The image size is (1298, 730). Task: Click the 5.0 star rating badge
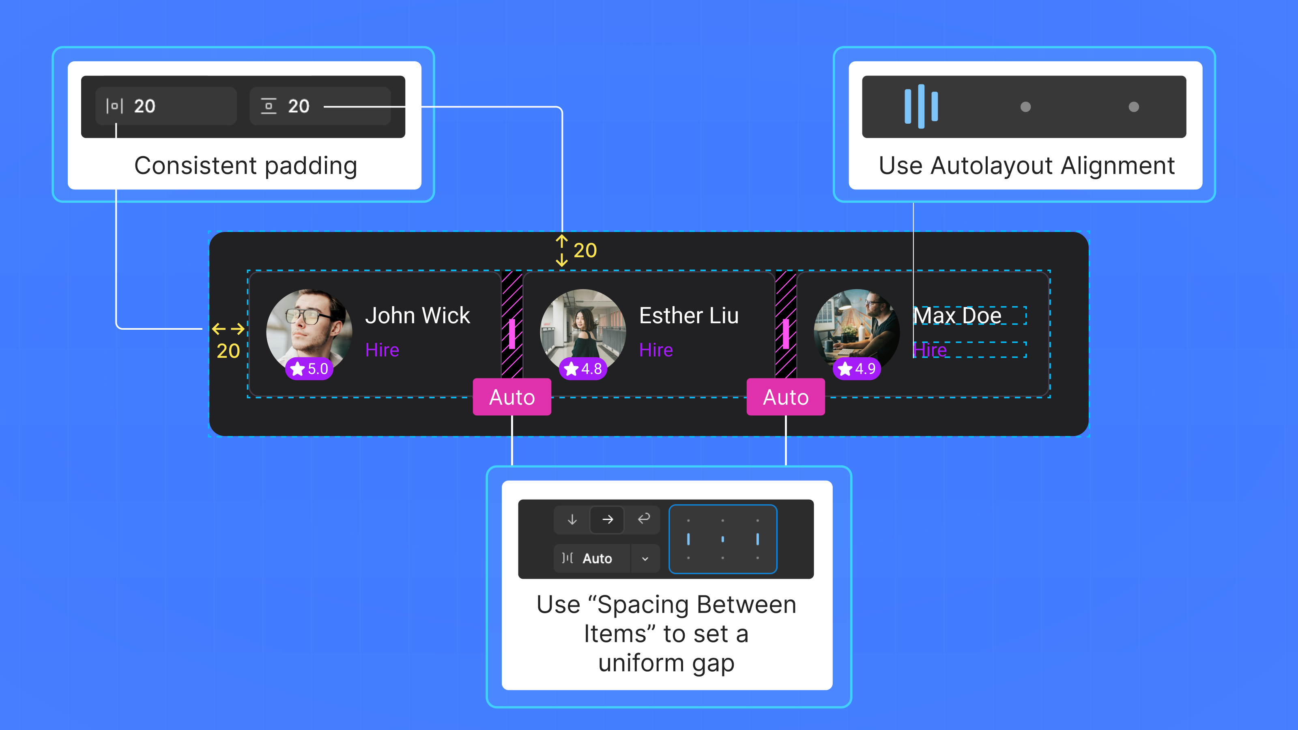(x=309, y=369)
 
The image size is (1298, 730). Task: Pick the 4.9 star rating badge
(x=857, y=369)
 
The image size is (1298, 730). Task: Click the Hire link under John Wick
(x=382, y=350)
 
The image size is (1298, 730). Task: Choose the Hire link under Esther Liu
(x=655, y=350)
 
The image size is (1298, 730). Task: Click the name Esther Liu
(x=688, y=316)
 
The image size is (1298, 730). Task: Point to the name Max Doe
(x=957, y=316)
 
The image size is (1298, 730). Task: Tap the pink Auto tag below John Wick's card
(x=512, y=397)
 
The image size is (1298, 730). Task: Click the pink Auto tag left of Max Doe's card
(x=786, y=397)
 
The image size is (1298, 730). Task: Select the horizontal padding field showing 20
(x=166, y=106)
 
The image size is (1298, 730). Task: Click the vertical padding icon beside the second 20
(x=269, y=106)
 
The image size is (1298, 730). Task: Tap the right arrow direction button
(x=607, y=520)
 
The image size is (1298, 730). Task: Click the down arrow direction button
(x=572, y=520)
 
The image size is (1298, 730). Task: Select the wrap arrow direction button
(x=643, y=519)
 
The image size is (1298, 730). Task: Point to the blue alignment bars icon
(x=921, y=106)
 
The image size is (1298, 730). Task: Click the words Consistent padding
(x=245, y=166)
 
